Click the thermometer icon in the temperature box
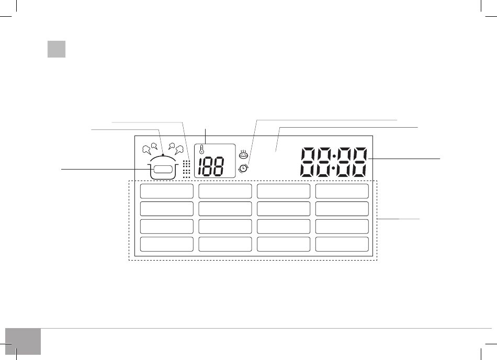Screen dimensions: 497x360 click(x=201, y=149)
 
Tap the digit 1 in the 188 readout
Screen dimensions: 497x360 click(x=201, y=166)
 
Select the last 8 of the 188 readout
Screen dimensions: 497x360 click(x=218, y=166)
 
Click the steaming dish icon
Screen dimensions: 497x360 click(x=243, y=154)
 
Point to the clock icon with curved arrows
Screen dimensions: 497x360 click(x=243, y=168)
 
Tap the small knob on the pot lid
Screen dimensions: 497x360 click(x=163, y=155)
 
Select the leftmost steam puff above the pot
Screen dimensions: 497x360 click(x=146, y=150)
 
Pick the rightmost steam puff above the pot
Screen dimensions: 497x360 click(x=179, y=150)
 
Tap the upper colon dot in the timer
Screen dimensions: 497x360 click(x=334, y=155)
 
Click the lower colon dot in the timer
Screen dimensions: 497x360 click(x=334, y=168)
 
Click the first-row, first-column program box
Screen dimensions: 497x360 click(x=167, y=191)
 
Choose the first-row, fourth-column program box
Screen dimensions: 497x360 click(x=342, y=191)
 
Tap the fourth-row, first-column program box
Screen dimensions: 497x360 click(x=167, y=244)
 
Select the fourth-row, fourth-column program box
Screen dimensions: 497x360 click(x=342, y=244)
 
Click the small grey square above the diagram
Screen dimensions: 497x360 click(x=57, y=49)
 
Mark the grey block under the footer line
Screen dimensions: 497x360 click(x=23, y=342)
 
